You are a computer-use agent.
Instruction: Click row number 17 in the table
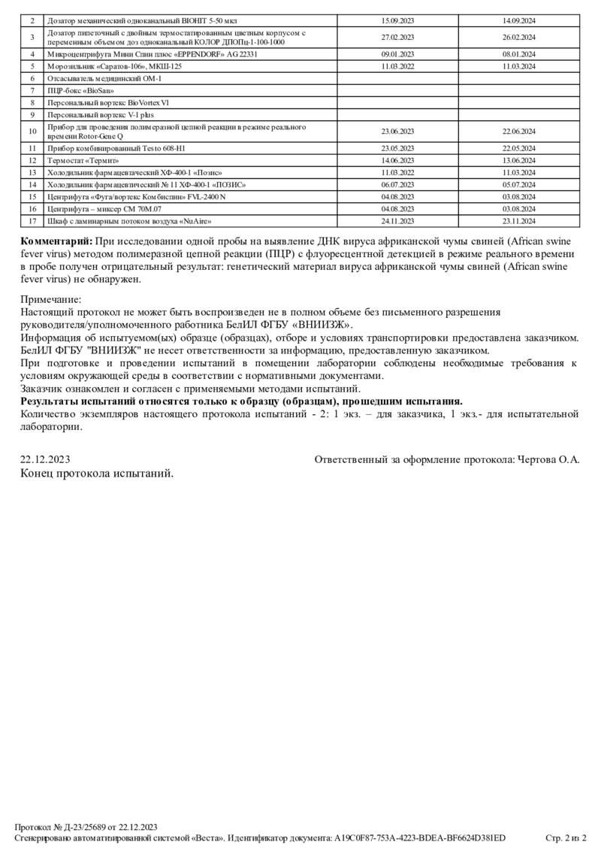[x=32, y=222]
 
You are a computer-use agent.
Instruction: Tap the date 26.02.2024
[x=518, y=37]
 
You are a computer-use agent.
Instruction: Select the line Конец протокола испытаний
[x=97, y=474]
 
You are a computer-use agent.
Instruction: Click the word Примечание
[x=51, y=298]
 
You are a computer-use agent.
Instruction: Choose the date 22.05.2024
[x=518, y=148]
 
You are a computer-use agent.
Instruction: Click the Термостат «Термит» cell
[x=83, y=160]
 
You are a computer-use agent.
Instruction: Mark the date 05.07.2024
[x=518, y=184]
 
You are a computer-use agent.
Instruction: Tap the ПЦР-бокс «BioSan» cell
[x=74, y=90]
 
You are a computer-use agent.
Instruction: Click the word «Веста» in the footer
[x=207, y=837]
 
